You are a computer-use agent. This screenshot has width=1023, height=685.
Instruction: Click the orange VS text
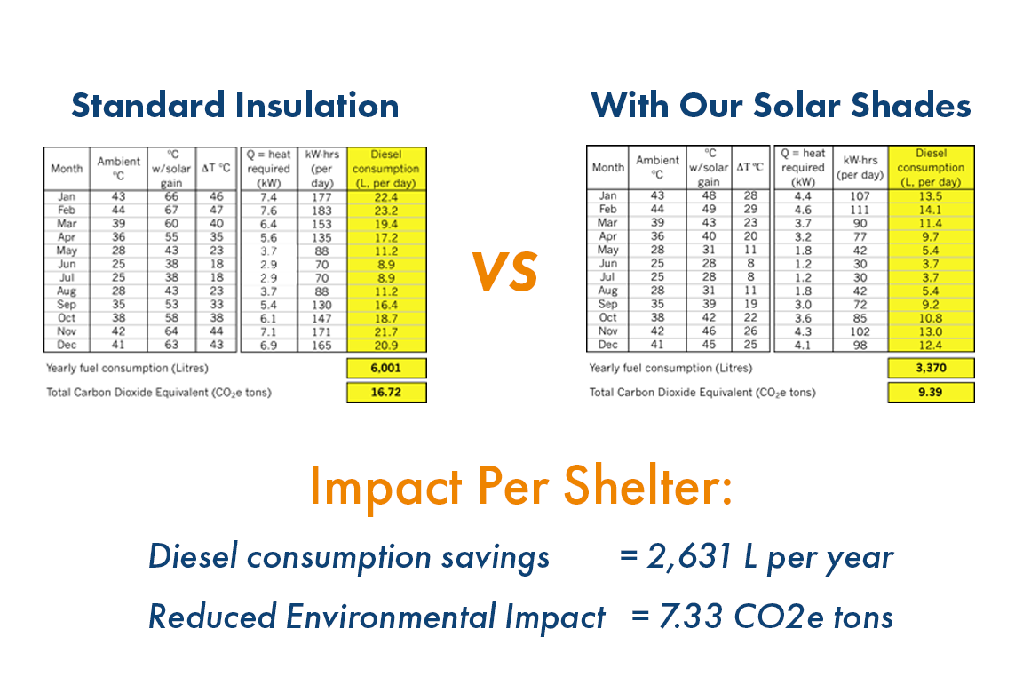tap(504, 272)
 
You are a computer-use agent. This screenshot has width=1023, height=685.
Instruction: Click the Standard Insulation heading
tap(234, 106)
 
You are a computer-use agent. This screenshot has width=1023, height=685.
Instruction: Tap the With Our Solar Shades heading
tap(781, 106)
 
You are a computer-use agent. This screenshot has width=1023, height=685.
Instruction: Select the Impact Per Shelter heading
tap(521, 487)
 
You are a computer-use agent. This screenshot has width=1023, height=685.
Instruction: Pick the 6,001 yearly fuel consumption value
tap(386, 369)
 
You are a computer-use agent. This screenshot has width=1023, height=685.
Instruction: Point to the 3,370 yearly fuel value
tap(931, 368)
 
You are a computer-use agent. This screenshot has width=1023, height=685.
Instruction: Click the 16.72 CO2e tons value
tap(386, 393)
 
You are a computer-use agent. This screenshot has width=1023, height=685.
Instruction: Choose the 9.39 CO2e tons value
tap(931, 392)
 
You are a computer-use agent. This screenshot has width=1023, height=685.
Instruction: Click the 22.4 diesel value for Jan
tap(386, 197)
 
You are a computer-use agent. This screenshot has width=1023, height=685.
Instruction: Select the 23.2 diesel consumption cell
tap(386, 211)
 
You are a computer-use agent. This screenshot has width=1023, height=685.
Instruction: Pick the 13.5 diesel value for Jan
tap(931, 196)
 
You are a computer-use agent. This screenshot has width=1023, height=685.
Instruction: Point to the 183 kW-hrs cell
tap(321, 211)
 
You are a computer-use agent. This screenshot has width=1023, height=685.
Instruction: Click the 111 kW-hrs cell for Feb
tap(860, 209)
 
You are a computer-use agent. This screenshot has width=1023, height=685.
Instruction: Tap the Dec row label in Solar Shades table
tap(608, 345)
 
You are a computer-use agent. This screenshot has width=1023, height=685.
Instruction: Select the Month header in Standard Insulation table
tap(67, 168)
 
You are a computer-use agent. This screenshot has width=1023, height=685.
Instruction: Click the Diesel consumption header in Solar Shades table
tap(931, 167)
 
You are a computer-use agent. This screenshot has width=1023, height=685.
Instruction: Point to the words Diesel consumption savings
tap(349, 557)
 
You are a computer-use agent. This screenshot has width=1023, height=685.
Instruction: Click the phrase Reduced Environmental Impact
tap(377, 615)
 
